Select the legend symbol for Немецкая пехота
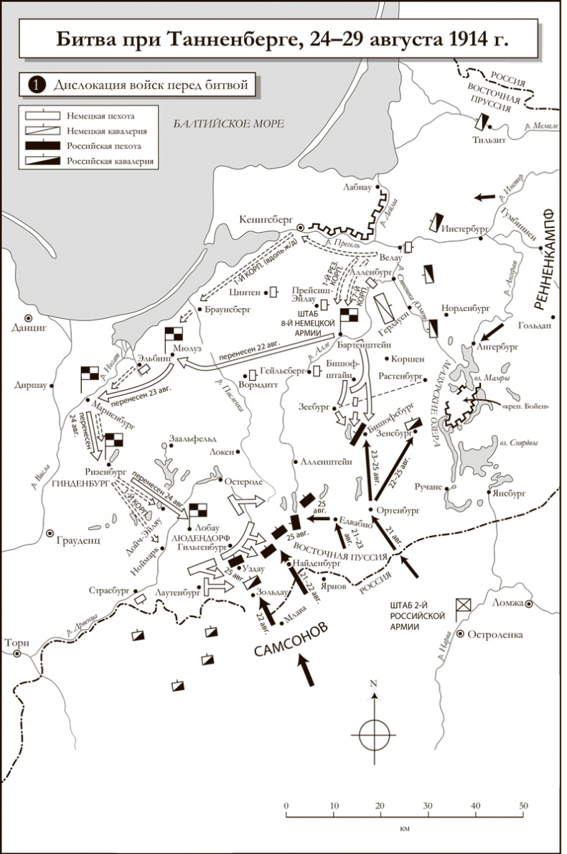click(x=41, y=115)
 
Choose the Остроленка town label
click(x=495, y=634)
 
